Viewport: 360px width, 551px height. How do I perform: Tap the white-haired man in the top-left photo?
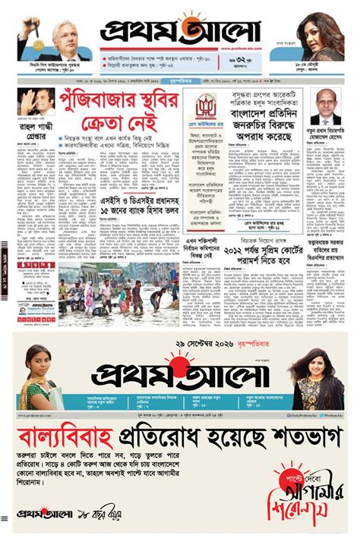click(x=63, y=37)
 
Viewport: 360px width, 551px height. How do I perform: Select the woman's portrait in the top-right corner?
click(x=320, y=35)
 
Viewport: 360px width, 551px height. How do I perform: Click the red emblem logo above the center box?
click(x=205, y=108)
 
